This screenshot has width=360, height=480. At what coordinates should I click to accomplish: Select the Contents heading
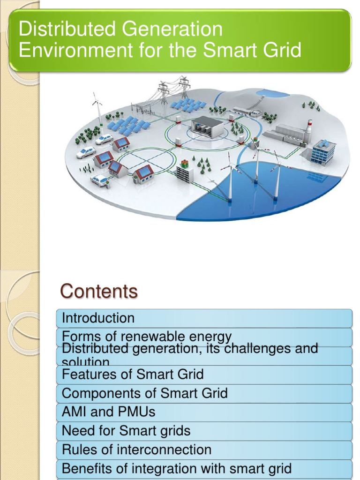(98, 292)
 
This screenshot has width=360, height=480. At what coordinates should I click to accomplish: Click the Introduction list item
(98, 318)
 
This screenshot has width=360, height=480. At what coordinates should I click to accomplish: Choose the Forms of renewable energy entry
(147, 336)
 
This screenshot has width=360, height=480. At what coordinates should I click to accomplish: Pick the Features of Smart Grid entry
(133, 374)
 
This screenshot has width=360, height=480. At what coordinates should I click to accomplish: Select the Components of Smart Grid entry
(144, 393)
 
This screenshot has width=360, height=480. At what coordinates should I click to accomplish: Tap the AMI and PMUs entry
(108, 412)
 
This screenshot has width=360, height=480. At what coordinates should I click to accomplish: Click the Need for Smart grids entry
(126, 430)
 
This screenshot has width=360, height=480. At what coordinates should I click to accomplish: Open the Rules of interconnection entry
(136, 450)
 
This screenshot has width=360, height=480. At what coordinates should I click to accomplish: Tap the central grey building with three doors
(207, 127)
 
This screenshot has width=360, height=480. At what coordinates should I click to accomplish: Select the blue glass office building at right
(323, 151)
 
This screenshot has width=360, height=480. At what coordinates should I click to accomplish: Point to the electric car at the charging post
(100, 180)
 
